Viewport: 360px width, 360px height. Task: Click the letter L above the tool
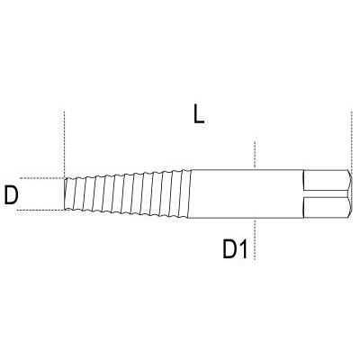[198, 114]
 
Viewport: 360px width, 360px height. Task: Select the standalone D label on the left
[12, 194]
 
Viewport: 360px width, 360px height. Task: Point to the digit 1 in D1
[242, 250]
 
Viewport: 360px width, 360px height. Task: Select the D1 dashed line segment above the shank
[256, 155]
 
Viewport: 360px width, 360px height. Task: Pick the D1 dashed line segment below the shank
[256, 238]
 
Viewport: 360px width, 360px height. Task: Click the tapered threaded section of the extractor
[126, 193]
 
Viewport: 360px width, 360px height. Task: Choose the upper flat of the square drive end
[326, 181]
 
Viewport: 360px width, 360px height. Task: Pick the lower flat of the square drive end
[326, 207]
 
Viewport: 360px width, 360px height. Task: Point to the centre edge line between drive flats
[326, 194]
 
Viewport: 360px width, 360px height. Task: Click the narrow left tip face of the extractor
[66, 193]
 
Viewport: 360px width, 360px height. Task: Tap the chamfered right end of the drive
[348, 193]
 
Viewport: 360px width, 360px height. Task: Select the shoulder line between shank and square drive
[303, 193]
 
